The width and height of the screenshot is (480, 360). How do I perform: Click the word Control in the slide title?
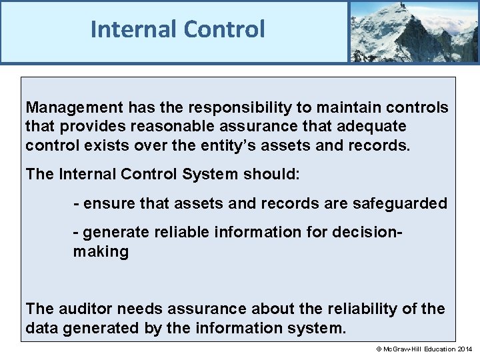pos(224,29)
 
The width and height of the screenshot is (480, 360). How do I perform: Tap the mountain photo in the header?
pos(413,31)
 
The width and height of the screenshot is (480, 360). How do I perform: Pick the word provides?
pos(89,126)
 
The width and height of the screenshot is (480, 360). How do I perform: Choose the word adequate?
pos(373,126)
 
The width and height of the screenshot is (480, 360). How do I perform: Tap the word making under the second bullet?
pos(101,251)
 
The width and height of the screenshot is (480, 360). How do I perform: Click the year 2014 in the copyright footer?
pos(465,349)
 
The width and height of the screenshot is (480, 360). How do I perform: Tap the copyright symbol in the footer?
pos(377,349)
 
